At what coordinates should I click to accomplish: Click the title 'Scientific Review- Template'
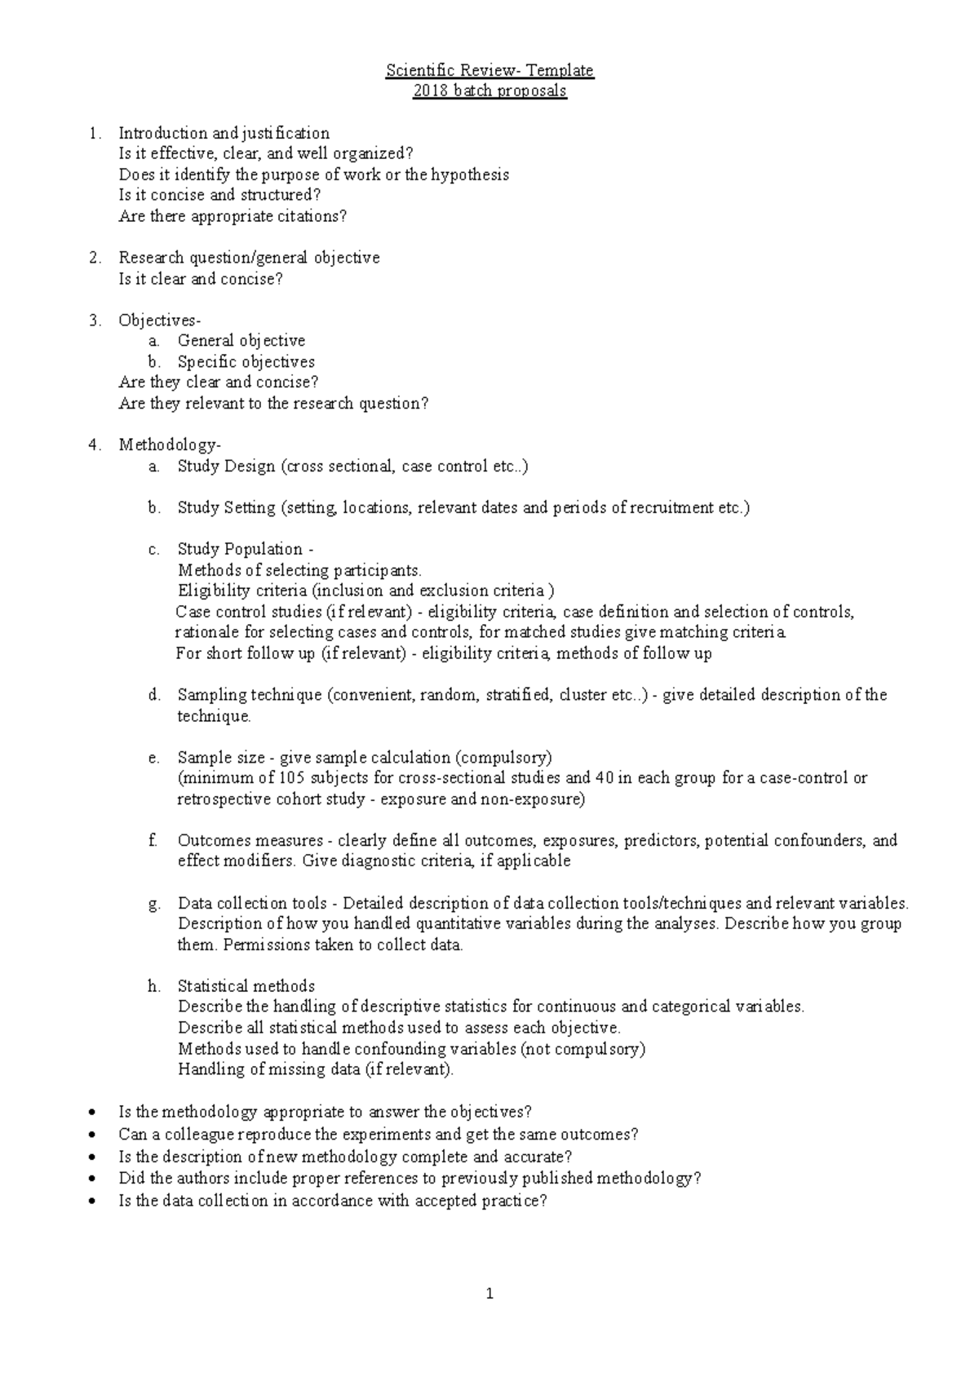coord(489,71)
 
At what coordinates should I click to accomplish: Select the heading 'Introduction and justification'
coord(224,133)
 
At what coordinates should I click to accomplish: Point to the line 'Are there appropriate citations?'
coord(233,216)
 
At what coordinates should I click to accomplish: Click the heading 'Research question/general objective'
coord(249,258)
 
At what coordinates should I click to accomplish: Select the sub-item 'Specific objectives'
coord(246,361)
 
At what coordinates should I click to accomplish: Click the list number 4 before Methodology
coord(95,445)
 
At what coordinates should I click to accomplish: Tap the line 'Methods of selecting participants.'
coord(299,570)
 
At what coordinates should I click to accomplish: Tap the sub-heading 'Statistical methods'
coord(246,986)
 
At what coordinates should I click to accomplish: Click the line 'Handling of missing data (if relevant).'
coord(315,1069)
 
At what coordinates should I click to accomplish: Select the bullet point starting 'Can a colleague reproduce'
coord(378,1135)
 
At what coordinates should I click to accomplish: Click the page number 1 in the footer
coord(489,1294)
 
